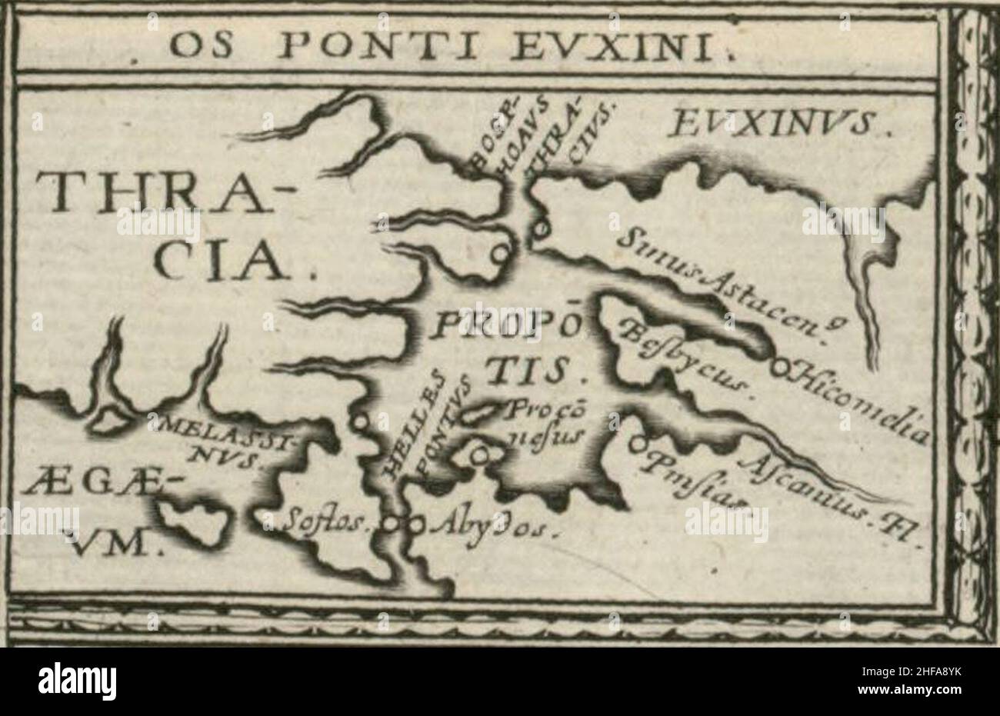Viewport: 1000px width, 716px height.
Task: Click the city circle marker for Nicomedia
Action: coord(779,368)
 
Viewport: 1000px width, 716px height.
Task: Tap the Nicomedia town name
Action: coord(862,404)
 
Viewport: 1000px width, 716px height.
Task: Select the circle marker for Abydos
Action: coord(417,526)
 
